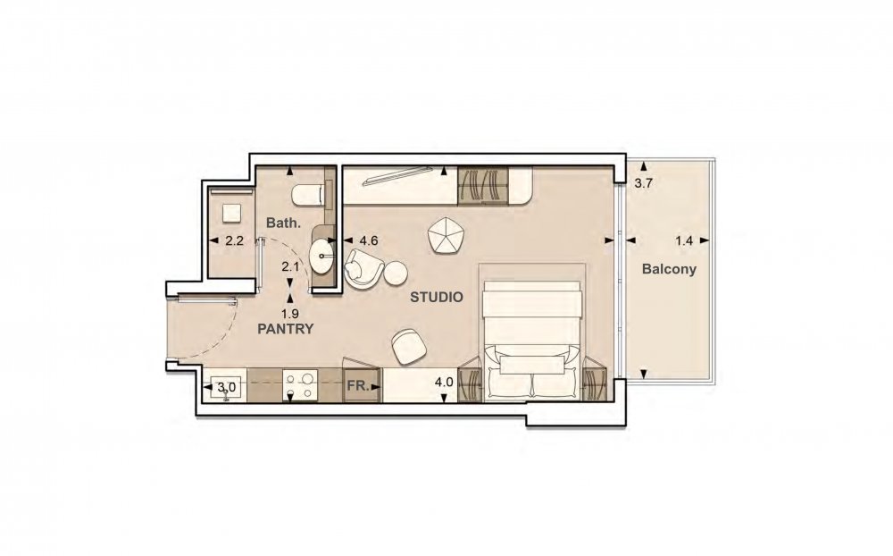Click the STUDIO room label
(x=437, y=297)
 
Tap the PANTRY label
(x=286, y=329)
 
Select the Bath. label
(x=283, y=223)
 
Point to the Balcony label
(x=669, y=269)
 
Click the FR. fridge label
(x=356, y=385)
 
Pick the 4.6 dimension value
(x=369, y=240)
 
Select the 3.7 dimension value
(x=644, y=183)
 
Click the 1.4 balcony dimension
(x=683, y=240)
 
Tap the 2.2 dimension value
(x=234, y=240)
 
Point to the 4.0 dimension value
(x=444, y=382)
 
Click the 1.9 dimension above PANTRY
(x=290, y=313)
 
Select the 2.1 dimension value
(x=290, y=266)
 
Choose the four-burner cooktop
(x=301, y=385)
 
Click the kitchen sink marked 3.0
(x=226, y=389)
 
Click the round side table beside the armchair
(x=396, y=273)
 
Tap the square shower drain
(x=231, y=214)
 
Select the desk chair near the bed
(x=408, y=346)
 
